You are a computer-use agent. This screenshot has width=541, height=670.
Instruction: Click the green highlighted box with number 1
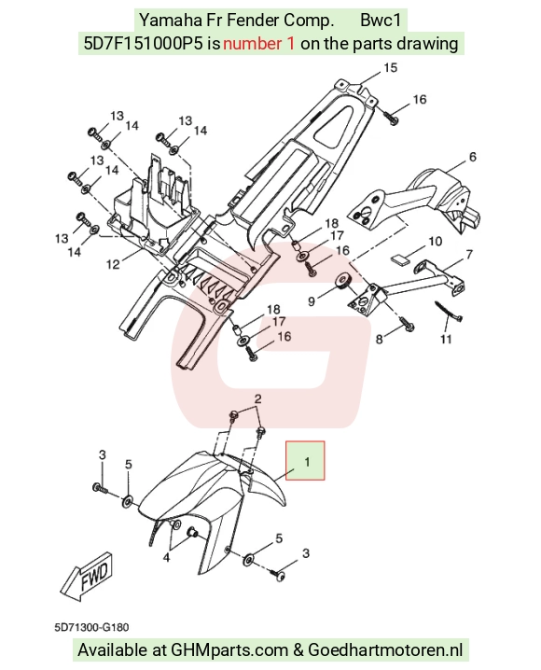click(305, 460)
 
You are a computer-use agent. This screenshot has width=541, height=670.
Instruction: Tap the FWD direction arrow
click(87, 576)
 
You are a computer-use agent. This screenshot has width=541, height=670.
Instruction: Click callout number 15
click(390, 68)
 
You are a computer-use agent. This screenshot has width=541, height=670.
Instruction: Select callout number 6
click(472, 157)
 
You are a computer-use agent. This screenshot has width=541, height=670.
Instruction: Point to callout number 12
click(113, 264)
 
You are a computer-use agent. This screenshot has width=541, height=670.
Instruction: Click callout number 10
click(435, 242)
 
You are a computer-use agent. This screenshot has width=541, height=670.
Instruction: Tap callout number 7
click(469, 254)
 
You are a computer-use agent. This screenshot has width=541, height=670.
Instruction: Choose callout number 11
click(446, 340)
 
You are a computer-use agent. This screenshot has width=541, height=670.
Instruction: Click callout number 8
click(380, 340)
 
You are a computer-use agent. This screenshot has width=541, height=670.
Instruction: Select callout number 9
click(312, 301)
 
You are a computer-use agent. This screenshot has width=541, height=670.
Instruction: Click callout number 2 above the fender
click(257, 399)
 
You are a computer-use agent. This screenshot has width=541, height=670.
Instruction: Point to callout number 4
click(166, 558)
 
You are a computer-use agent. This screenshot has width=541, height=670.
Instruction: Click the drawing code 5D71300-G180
click(91, 627)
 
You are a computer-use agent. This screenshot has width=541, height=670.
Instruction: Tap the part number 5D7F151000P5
click(143, 44)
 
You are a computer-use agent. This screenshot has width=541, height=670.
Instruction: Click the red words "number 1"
click(258, 44)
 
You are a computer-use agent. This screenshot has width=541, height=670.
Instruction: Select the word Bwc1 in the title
click(381, 21)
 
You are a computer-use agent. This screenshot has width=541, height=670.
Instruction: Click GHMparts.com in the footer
click(229, 650)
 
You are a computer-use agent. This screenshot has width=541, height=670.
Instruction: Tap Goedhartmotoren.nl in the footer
click(385, 650)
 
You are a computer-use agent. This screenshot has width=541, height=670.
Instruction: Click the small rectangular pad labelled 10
click(400, 258)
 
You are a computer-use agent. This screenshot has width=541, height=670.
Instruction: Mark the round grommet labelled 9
click(343, 281)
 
